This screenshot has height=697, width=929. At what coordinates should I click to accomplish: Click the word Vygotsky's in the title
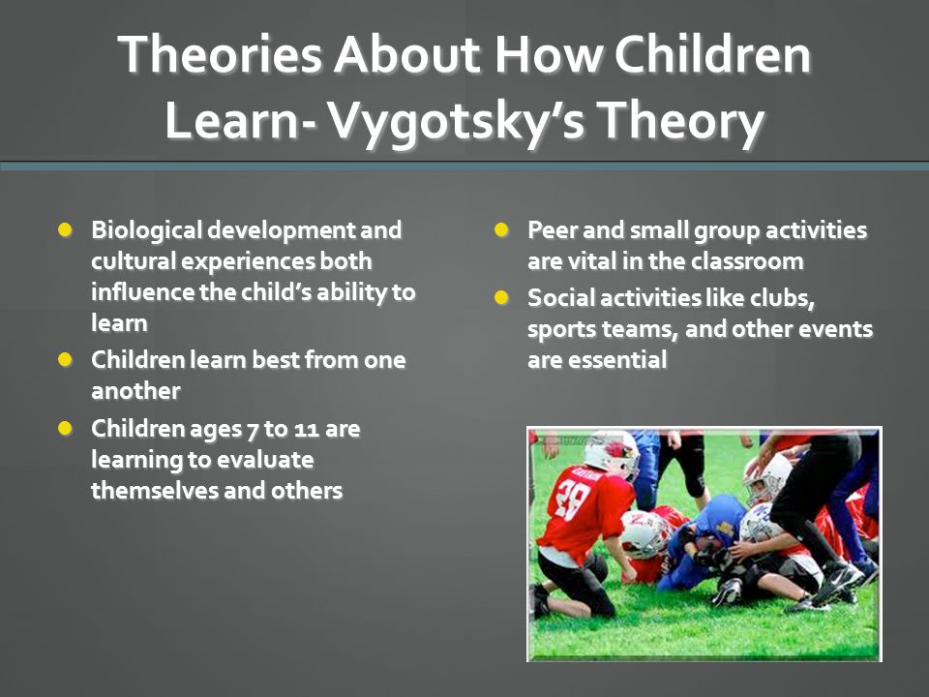[456, 122]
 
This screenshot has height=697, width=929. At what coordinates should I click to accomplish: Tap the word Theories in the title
[220, 54]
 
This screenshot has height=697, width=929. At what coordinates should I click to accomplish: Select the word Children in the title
[712, 54]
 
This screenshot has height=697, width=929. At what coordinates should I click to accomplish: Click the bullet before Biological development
[65, 229]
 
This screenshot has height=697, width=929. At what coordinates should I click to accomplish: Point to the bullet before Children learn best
[65, 359]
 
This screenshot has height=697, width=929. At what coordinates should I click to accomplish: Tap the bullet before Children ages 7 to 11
[65, 428]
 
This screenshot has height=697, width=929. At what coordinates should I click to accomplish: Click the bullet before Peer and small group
[501, 229]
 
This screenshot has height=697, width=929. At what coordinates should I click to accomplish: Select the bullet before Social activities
[501, 297]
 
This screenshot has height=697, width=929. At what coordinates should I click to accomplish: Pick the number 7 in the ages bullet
[252, 430]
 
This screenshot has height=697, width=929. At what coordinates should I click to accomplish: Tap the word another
[135, 391]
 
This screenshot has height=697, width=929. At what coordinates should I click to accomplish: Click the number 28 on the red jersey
[571, 500]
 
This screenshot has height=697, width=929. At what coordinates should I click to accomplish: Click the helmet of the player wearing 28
[611, 453]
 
